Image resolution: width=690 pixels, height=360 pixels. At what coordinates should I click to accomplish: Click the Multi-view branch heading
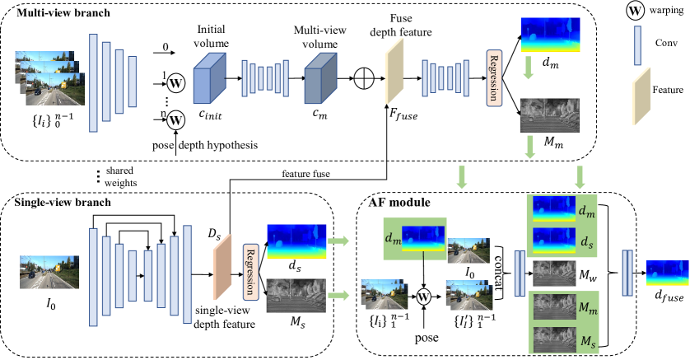[52, 14]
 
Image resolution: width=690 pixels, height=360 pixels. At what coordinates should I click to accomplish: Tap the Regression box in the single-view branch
[246, 270]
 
